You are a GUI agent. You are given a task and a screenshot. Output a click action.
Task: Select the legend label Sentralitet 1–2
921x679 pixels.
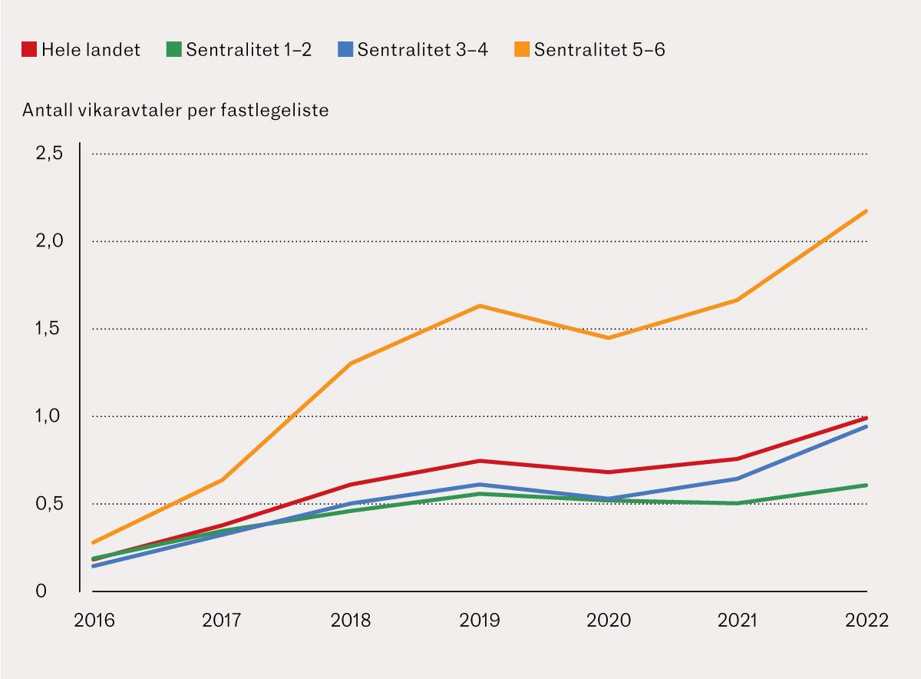pyautogui.click(x=249, y=50)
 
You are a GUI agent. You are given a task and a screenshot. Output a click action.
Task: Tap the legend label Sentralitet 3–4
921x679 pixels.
pyautogui.click(x=423, y=50)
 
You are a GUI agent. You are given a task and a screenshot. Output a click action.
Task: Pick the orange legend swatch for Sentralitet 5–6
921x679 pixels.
pyautogui.click(x=523, y=50)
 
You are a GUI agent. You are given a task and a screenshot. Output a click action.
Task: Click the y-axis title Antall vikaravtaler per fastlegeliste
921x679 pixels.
pyautogui.click(x=176, y=111)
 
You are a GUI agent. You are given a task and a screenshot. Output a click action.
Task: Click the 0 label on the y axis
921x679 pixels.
pyautogui.click(x=41, y=591)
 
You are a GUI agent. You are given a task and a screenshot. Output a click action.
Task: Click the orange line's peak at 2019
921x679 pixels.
pyautogui.click(x=480, y=306)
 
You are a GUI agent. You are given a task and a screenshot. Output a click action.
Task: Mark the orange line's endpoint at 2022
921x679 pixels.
pyautogui.click(x=867, y=210)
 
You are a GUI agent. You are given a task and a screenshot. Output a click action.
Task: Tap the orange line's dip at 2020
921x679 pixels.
pyautogui.click(x=609, y=338)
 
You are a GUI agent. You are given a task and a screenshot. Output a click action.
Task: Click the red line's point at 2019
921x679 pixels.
pyautogui.click(x=480, y=461)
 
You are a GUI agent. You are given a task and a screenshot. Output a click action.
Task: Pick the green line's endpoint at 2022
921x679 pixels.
pyautogui.click(x=867, y=485)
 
